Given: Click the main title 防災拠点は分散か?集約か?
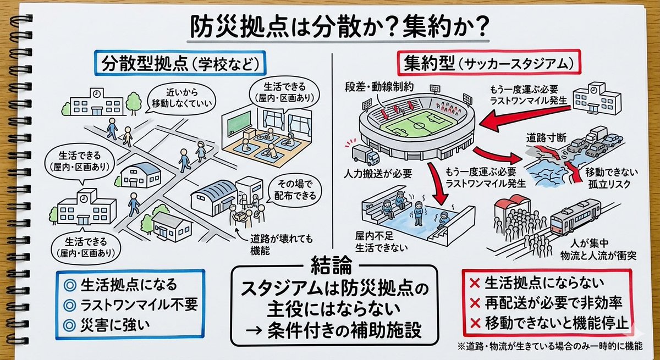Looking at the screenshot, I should [329, 26].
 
